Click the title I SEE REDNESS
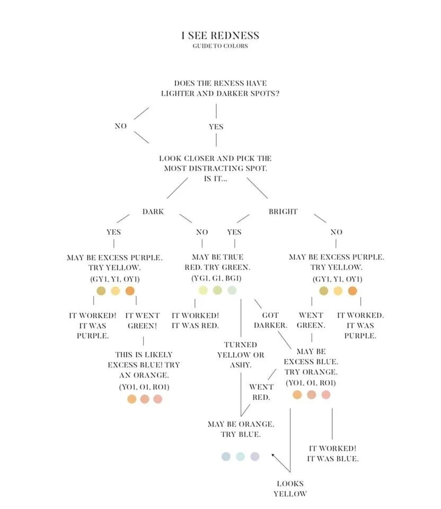point(220,36)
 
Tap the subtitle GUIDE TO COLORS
point(220,46)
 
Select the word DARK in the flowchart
point(153,212)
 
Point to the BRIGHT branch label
point(283,212)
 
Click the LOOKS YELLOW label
point(290,488)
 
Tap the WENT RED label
point(261,392)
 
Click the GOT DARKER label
point(270,320)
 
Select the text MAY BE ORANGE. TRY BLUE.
point(241,429)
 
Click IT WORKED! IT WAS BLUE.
point(333,453)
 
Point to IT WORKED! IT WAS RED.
point(195,320)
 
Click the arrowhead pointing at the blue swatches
point(273,454)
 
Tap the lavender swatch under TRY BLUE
point(255,457)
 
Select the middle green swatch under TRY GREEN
point(217,290)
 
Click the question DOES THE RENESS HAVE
point(220,83)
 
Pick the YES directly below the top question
point(216,127)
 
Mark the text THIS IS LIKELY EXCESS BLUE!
point(144,359)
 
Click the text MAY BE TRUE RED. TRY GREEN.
point(217,262)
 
